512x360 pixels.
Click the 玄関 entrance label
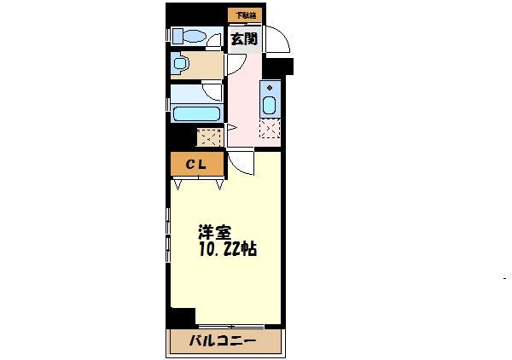pos(244,38)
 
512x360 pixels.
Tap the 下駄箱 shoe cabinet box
pos(246,15)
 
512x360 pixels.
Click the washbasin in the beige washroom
pos(180,64)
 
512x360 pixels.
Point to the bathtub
pos(196,113)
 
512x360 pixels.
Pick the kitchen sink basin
pos(270,105)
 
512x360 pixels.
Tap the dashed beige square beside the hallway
pos(208,136)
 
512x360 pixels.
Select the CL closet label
pos(195,164)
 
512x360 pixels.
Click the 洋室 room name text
pos(214,232)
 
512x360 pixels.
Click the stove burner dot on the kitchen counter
pos(270,87)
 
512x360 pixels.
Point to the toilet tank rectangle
pos(178,36)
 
